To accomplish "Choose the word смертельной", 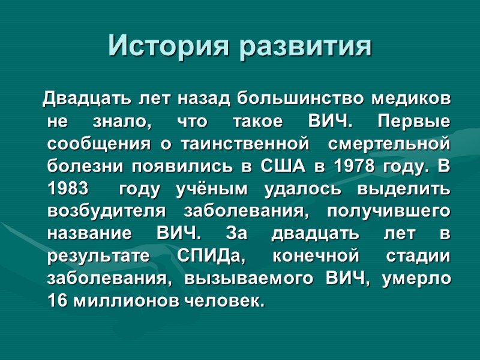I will click(x=390, y=144).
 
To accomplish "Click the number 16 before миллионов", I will click(x=57, y=302).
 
